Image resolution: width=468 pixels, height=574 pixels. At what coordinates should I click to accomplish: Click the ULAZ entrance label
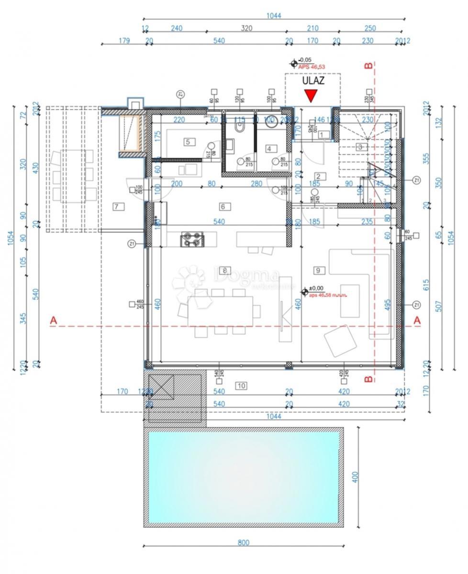point(313,80)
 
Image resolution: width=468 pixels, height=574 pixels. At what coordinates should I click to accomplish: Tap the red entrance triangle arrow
point(312,96)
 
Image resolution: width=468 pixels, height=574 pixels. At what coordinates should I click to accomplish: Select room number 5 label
point(188,142)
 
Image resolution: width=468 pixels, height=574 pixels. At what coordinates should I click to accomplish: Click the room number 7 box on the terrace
point(116,207)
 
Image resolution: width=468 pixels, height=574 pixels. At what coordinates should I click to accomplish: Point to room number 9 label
point(317,270)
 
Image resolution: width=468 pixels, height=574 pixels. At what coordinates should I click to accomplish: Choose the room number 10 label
point(241,386)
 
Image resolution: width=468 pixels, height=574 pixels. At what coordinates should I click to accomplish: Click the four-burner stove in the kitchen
point(192,239)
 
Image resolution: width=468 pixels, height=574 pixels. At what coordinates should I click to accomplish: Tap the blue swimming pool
point(244,477)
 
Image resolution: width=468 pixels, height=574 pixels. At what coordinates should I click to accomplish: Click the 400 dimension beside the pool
point(355,477)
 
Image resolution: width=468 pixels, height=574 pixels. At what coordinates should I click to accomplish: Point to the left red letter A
point(54,321)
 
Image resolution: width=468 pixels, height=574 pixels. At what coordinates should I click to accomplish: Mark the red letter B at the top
point(368,66)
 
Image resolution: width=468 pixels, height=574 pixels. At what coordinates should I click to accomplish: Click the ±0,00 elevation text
point(317,288)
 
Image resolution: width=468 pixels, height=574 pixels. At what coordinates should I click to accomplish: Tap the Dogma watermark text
point(246,276)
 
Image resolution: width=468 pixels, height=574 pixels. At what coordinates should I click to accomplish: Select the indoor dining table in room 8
point(221,311)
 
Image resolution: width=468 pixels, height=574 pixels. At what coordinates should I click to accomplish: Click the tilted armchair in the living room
point(340,341)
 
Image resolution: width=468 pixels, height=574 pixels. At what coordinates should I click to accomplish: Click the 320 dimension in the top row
point(246,28)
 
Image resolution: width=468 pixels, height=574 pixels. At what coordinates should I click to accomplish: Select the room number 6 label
point(223,207)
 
